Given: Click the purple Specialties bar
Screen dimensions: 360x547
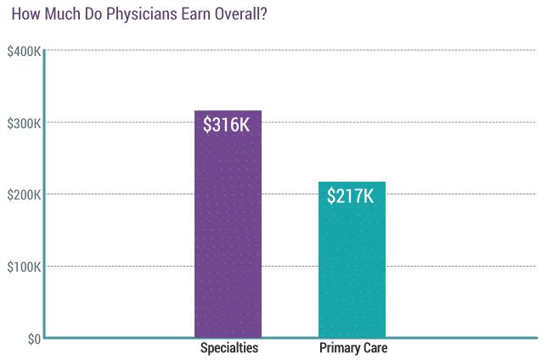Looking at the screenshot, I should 228,238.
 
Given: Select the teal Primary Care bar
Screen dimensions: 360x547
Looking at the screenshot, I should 352,272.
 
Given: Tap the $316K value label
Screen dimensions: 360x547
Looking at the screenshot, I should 227,125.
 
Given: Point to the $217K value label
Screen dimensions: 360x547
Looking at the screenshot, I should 351,196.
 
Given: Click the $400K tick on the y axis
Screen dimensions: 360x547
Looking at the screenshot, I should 24,52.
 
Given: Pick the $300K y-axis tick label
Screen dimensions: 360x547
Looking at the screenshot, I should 24,124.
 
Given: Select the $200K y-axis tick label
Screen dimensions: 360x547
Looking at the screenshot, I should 24,195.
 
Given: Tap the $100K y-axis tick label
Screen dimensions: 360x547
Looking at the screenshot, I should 24,267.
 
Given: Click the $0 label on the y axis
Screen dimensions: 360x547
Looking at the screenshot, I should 31,340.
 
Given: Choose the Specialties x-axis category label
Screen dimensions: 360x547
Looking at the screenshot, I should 228,348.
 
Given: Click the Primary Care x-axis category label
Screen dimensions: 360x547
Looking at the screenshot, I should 352,348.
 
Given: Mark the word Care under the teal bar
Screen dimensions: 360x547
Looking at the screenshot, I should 374,348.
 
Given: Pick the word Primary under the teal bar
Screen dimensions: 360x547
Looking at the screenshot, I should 339,348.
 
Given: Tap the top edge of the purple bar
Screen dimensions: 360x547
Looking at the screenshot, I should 228,111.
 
